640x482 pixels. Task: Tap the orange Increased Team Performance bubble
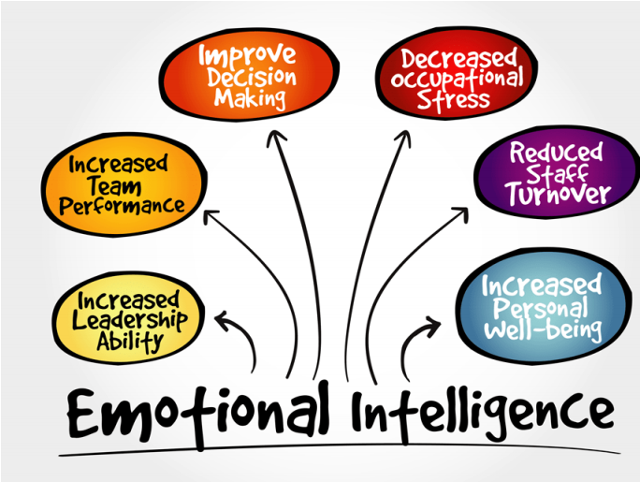tap(121, 184)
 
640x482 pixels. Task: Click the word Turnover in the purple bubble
tap(559, 195)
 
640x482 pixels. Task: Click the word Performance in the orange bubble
tap(121, 205)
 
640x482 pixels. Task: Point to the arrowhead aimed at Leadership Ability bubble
tap(224, 320)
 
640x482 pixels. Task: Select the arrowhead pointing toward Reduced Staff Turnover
tap(459, 213)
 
